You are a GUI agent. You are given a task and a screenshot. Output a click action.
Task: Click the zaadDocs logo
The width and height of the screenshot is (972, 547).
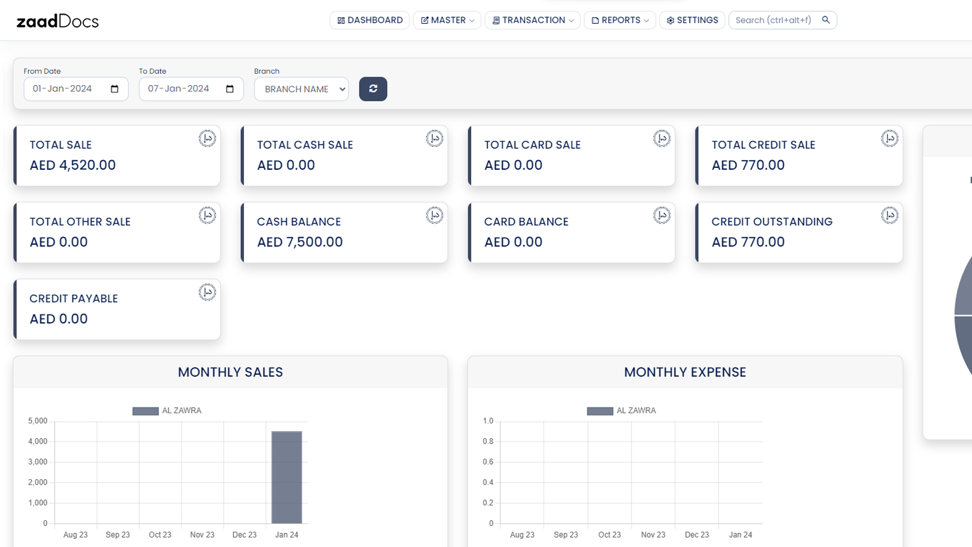pos(58,21)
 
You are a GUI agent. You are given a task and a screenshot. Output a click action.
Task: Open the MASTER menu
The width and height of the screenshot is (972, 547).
pos(447,20)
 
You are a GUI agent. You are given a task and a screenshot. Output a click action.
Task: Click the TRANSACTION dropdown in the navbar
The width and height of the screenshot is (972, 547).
pos(533,20)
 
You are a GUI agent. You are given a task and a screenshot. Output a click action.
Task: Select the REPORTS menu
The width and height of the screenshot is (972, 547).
pos(620,20)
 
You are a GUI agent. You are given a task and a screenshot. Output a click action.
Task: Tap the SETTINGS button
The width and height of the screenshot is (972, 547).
pos(692,20)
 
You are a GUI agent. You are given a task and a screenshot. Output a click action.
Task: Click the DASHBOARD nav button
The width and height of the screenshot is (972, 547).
pos(370,20)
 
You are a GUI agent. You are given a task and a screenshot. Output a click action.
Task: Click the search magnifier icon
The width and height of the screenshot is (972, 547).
pos(826,20)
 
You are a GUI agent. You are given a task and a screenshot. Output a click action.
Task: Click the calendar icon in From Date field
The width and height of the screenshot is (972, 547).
pos(114,89)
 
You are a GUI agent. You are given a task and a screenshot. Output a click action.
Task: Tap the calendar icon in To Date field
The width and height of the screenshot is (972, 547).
pos(230,89)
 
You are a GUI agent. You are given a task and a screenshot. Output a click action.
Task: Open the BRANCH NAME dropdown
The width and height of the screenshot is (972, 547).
pos(301,89)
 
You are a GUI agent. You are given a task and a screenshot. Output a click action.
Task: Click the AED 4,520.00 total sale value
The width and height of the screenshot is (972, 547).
pos(72,165)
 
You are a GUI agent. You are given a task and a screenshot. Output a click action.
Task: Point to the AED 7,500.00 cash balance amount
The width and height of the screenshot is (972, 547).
pos(300,242)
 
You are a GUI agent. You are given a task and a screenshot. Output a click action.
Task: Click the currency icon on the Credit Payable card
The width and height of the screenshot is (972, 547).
pos(207,292)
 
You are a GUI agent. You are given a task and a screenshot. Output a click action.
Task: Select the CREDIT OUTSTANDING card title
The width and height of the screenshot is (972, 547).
pos(772,222)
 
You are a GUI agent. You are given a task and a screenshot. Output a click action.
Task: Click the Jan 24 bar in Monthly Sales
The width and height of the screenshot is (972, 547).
pos(287,477)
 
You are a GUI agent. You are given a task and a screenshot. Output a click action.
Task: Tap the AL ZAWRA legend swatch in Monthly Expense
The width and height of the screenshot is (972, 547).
pos(600,411)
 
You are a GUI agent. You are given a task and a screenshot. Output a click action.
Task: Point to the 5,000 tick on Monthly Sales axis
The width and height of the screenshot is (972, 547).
pos(37,421)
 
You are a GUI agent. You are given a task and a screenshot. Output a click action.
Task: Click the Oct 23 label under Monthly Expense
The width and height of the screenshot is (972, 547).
pos(609,535)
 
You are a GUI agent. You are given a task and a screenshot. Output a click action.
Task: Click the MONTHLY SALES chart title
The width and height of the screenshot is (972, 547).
pos(230,372)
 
